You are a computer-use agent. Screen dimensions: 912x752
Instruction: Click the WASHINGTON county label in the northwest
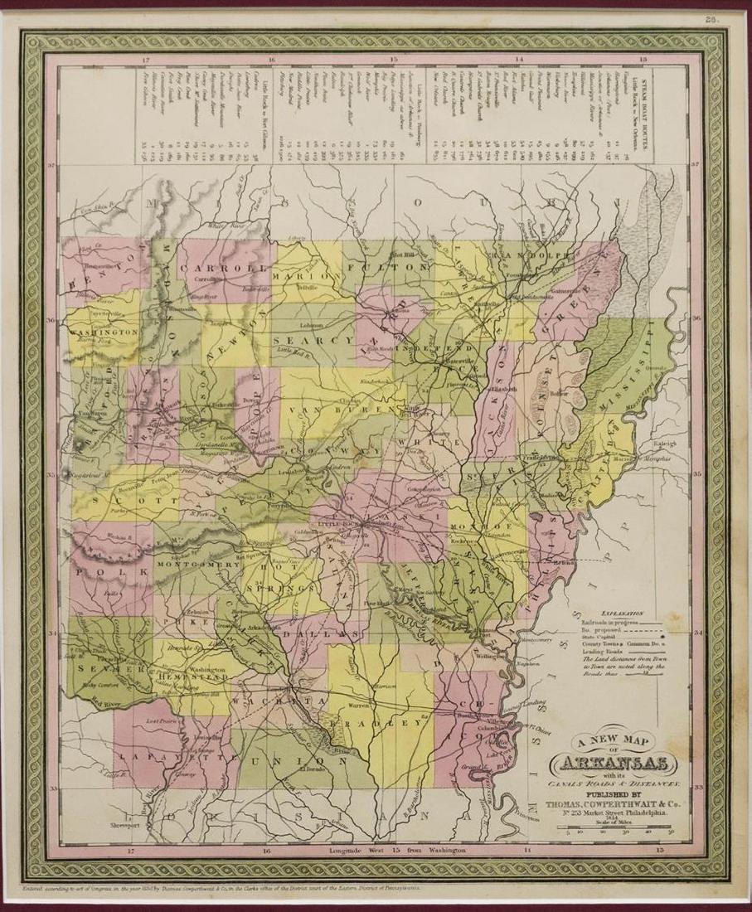click(104, 331)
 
